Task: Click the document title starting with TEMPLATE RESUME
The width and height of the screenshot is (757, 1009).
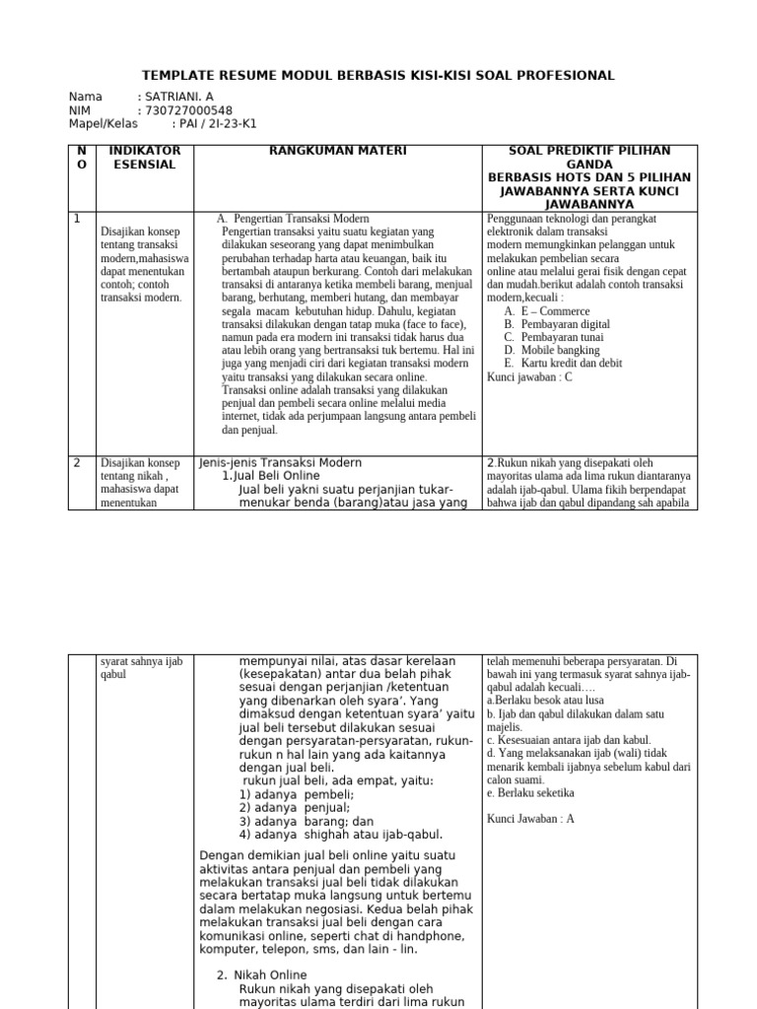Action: (x=378, y=75)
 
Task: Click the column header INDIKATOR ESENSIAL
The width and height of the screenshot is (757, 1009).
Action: (x=144, y=158)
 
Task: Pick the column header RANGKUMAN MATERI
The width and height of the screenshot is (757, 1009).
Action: (x=337, y=151)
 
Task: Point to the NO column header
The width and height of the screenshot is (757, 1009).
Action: (x=81, y=158)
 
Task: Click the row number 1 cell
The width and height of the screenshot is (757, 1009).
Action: (x=78, y=219)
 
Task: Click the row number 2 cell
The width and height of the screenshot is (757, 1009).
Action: (x=78, y=462)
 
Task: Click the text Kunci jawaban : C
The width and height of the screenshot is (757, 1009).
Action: (x=529, y=375)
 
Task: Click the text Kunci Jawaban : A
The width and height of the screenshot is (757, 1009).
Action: (x=530, y=818)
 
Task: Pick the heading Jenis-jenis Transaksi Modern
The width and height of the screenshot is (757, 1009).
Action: (x=280, y=462)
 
